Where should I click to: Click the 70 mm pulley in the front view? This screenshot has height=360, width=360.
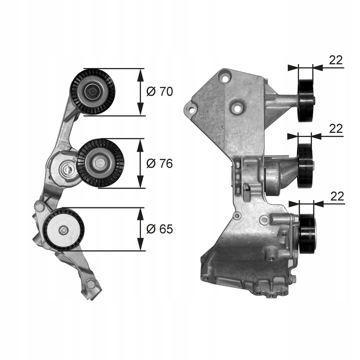point(92,91)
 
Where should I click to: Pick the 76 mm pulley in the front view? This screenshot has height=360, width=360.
point(99,162)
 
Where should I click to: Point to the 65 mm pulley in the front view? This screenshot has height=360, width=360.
point(63,229)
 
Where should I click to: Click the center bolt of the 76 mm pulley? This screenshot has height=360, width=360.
point(98,162)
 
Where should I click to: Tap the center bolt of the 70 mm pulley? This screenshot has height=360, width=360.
point(92,91)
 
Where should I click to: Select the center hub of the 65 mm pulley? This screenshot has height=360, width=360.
point(63,230)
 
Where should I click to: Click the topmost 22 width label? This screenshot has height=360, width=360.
point(336,60)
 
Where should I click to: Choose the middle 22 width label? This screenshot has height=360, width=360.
point(336,128)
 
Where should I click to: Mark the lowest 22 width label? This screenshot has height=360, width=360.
point(337,196)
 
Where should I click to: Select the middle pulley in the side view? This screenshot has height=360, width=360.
point(305,165)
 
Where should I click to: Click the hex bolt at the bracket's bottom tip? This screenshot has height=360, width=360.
point(90,284)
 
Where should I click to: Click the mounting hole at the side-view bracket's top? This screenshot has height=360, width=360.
point(225,78)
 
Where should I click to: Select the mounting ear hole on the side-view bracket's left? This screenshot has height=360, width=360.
point(190,107)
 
